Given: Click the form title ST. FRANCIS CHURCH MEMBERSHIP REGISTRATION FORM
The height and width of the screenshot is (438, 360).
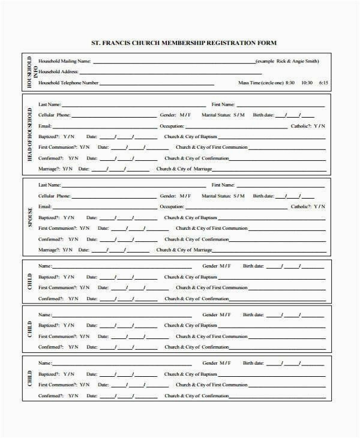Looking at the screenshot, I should (x=184, y=43).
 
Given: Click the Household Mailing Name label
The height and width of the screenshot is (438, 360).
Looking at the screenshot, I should (x=65, y=61).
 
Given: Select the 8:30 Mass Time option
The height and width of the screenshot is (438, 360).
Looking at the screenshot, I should (x=290, y=83).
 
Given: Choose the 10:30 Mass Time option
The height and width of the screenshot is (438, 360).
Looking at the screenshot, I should (x=307, y=83).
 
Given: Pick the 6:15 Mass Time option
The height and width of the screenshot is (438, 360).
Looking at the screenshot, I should (x=323, y=83).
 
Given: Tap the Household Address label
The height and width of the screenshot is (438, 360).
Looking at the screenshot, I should (x=58, y=72).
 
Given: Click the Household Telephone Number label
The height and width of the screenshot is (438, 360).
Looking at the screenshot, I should (x=68, y=83).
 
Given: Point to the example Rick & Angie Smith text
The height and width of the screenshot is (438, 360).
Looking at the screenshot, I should (x=287, y=61).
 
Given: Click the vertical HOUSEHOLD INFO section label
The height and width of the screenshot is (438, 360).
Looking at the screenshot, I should (x=31, y=72).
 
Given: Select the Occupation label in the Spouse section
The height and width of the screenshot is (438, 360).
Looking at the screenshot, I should (x=172, y=206).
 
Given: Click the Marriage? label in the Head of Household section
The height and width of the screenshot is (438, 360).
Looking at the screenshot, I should (x=50, y=169).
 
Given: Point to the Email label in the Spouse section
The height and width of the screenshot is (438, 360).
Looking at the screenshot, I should (x=45, y=206).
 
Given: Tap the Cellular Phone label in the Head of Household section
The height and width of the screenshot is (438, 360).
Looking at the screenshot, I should (x=54, y=114).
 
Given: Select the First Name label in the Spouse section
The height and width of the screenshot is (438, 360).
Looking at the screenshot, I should (x=223, y=185).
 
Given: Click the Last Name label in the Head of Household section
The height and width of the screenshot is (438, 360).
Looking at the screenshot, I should (x=50, y=104).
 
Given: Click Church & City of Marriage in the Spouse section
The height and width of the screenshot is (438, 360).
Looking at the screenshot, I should (x=184, y=249).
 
